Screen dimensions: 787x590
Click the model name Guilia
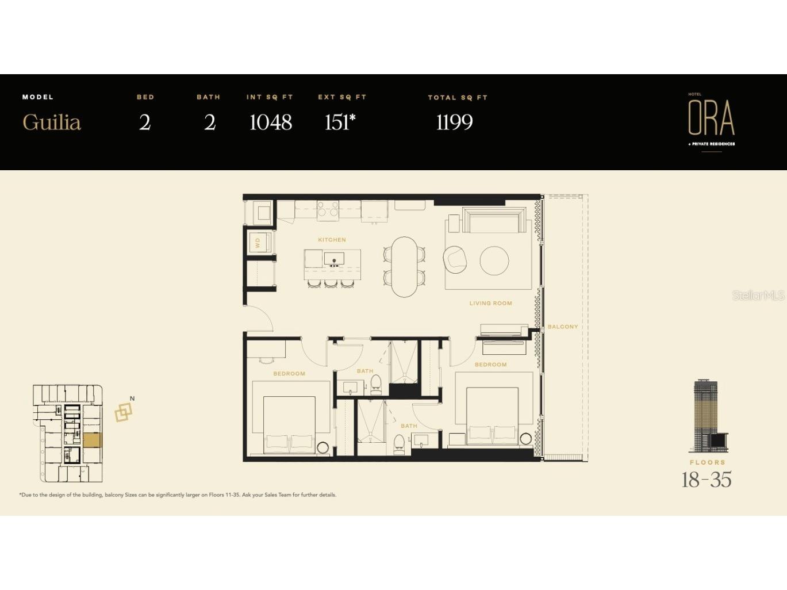pyautogui.click(x=52, y=122)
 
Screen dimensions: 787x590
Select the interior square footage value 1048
pyautogui.click(x=271, y=122)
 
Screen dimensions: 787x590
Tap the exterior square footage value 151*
pyautogui.click(x=340, y=122)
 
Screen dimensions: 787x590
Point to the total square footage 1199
pyautogui.click(x=455, y=122)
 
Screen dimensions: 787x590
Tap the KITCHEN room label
pyautogui.click(x=332, y=240)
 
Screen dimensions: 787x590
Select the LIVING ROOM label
pyautogui.click(x=491, y=303)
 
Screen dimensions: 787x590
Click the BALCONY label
pyautogui.click(x=563, y=327)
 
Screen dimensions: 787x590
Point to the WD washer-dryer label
pyautogui.click(x=258, y=243)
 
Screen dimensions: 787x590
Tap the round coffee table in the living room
pyautogui.click(x=494, y=260)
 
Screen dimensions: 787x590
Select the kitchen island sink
pyautogui.click(x=334, y=259)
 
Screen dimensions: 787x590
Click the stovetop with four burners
pyautogui.click(x=328, y=209)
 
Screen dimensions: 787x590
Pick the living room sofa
pyautogui.click(x=492, y=220)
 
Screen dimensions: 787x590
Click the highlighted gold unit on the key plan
pyautogui.click(x=93, y=440)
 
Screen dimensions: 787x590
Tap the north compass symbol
pyautogui.click(x=124, y=410)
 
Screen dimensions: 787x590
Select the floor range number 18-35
pyautogui.click(x=707, y=480)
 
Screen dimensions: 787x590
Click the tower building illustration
pyautogui.click(x=708, y=416)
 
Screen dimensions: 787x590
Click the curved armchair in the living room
pyautogui.click(x=455, y=258)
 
